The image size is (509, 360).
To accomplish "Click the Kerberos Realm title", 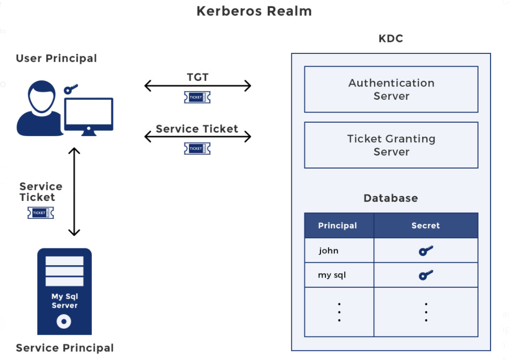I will (254, 11).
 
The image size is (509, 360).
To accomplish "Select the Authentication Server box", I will (391, 89).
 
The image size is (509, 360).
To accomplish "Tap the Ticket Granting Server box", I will (391, 145).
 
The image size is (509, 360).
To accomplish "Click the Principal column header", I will (338, 225).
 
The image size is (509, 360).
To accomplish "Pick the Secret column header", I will (426, 225).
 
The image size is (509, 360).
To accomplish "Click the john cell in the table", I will (329, 250).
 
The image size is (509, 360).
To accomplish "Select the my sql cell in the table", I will (332, 275).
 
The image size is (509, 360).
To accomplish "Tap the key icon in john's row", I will (426, 250).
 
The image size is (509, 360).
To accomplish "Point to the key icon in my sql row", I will (426, 275).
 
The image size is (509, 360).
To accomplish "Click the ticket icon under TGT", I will (197, 97).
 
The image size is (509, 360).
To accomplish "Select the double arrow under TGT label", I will (198, 86).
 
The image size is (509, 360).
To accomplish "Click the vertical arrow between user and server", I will (74, 191).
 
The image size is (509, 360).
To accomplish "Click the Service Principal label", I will (65, 348).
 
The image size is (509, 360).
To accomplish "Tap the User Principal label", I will (56, 58).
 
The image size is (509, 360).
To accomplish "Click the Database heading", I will (391, 198).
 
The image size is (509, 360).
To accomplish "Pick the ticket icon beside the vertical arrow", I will (40, 213).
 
